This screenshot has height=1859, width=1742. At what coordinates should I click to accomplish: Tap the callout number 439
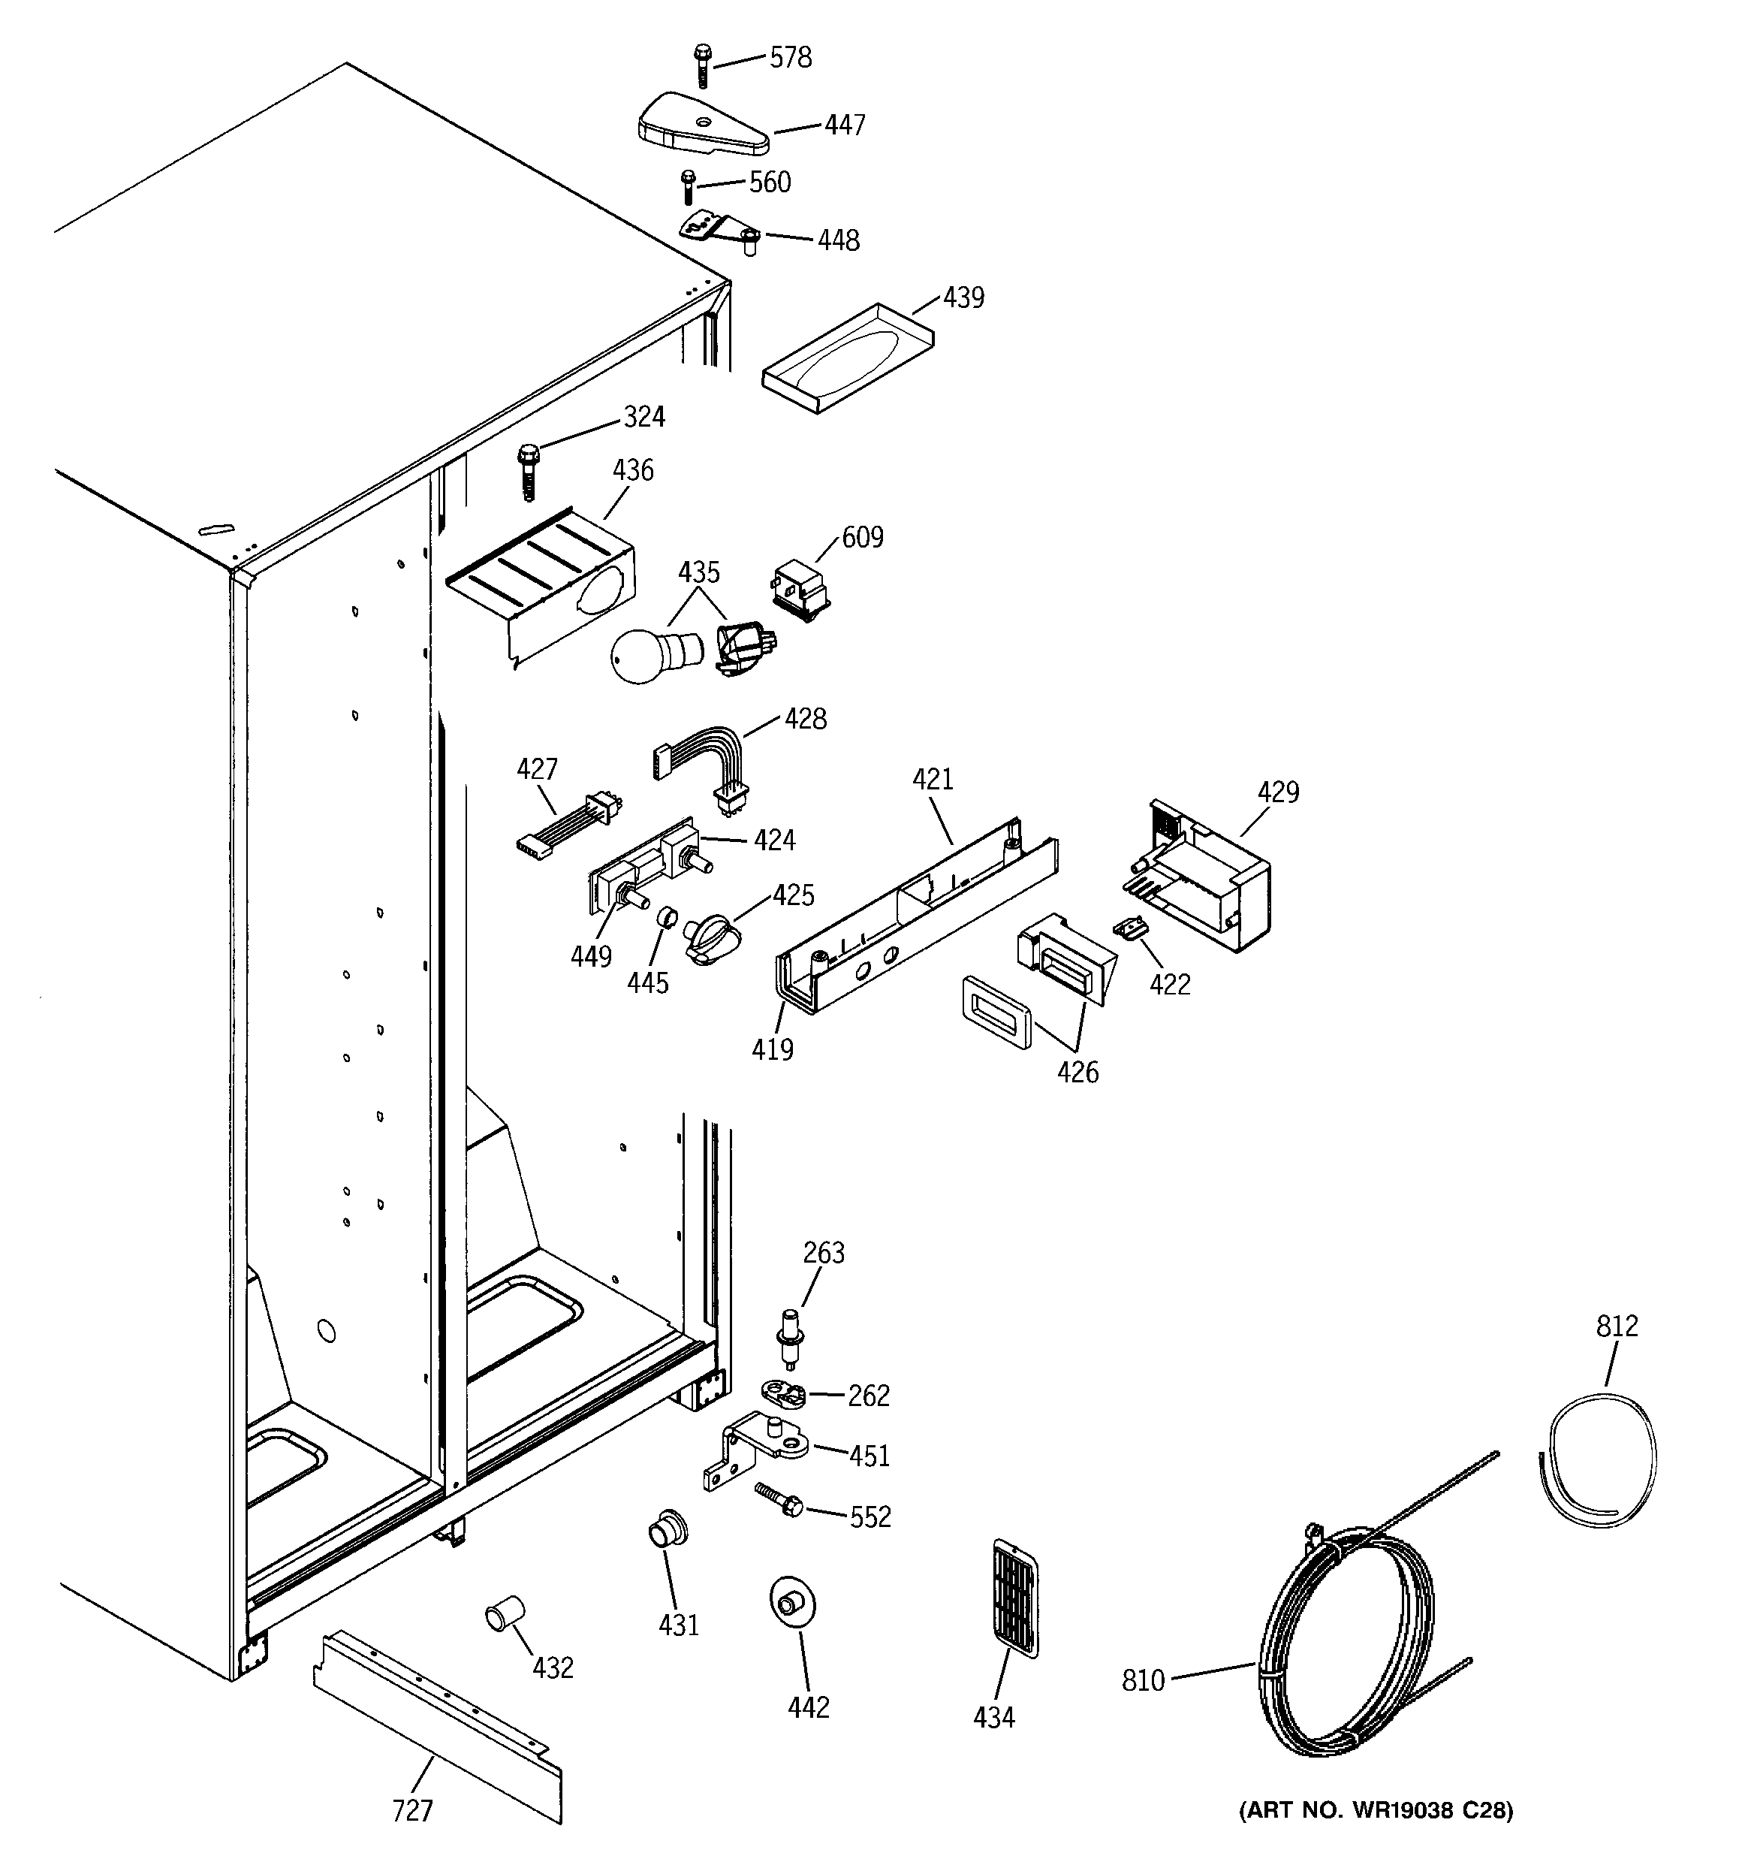[x=963, y=297]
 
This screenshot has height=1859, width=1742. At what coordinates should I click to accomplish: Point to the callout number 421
[x=933, y=778]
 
